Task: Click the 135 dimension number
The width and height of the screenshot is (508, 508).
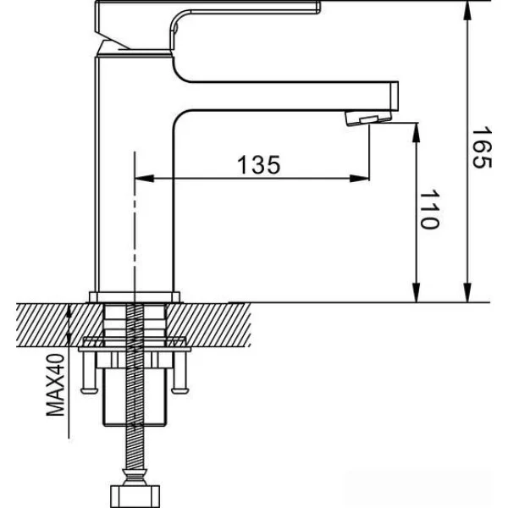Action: click(x=258, y=165)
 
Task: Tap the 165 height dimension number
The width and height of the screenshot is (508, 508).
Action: click(x=482, y=148)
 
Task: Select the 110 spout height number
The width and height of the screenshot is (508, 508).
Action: click(x=429, y=209)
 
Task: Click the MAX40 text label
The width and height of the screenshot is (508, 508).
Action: click(x=55, y=384)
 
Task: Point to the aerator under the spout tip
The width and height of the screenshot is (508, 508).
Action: click(x=368, y=118)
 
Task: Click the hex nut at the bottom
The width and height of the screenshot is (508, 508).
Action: click(x=135, y=495)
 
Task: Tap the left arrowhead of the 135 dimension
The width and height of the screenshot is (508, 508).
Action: click(x=144, y=178)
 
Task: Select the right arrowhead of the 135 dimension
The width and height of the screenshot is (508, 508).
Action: click(x=359, y=178)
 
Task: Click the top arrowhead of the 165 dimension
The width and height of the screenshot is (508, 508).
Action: click(x=467, y=11)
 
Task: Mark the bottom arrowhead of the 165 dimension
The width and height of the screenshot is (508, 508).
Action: click(x=467, y=292)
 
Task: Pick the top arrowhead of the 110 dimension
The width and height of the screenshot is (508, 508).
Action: click(x=417, y=133)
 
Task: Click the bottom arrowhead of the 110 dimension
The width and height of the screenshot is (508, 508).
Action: click(x=417, y=292)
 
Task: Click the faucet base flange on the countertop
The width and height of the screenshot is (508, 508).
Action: click(x=135, y=296)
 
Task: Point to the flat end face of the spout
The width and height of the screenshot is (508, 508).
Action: click(x=395, y=97)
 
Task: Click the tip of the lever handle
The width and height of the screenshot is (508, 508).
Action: click(x=318, y=8)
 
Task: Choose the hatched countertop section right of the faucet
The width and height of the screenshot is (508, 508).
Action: click(x=208, y=325)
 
